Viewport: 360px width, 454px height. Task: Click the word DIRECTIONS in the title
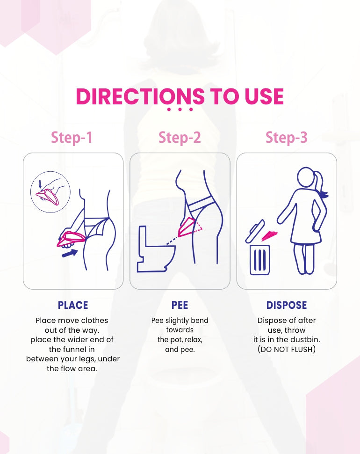pos(140,96)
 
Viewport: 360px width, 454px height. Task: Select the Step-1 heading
pos(72,138)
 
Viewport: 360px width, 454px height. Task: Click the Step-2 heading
pos(180,138)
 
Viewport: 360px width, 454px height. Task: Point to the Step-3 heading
pos(287,138)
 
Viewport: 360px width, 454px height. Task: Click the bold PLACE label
pos(73,305)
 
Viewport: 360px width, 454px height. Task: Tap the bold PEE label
pos(180,305)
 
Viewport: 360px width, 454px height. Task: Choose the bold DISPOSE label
pos(287,305)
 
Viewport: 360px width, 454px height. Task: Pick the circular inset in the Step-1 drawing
pos(50,193)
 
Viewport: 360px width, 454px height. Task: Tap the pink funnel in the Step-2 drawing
pos(189,227)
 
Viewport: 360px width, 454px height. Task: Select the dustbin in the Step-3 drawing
pos(259,260)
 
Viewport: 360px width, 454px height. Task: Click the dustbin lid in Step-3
pos(254,233)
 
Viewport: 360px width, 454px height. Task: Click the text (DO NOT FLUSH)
pos(287,349)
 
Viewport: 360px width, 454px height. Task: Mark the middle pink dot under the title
pos(180,110)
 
